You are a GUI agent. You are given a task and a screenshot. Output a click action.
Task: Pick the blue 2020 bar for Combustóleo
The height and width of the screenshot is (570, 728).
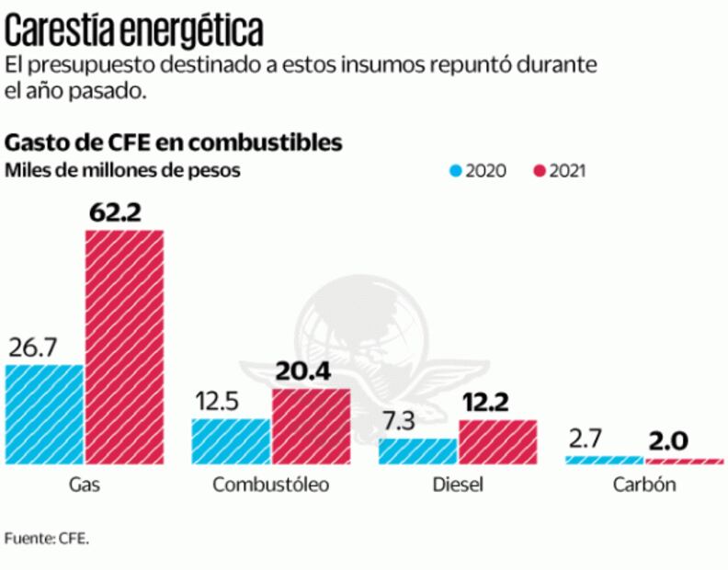231,441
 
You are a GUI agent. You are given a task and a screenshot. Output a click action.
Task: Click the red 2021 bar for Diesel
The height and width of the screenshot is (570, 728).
497,441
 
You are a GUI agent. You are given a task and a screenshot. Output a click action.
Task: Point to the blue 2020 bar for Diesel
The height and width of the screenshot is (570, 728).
417,450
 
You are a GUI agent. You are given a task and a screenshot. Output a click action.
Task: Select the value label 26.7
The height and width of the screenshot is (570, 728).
34,347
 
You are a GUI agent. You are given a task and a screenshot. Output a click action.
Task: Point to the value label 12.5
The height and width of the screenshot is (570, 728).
221,402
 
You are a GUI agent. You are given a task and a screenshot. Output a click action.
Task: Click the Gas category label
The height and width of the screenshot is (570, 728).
84,484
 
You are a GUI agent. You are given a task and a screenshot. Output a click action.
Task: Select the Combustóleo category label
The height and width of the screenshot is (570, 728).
270,484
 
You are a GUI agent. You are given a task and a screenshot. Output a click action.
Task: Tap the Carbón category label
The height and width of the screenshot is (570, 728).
643,484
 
